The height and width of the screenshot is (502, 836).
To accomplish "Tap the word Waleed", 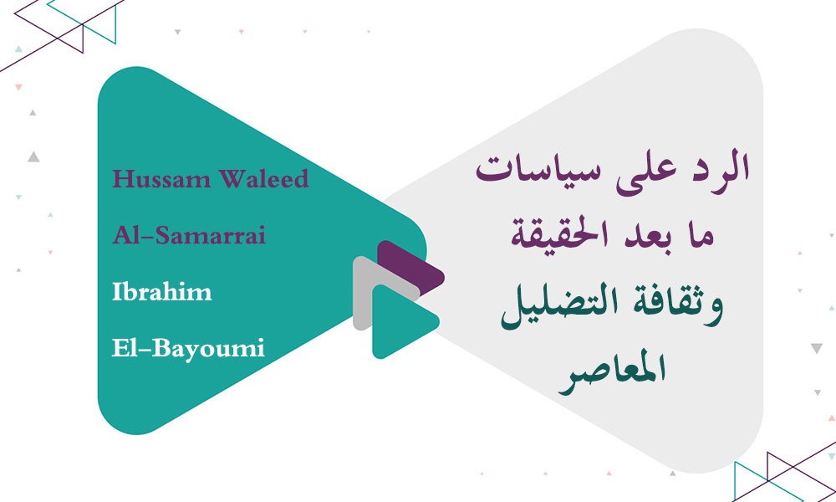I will [x=263, y=179].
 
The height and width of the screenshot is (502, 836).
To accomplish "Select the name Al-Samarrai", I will [x=189, y=236].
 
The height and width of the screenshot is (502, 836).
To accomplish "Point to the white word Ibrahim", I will [x=161, y=292].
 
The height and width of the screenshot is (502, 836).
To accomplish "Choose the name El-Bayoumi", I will [x=188, y=347].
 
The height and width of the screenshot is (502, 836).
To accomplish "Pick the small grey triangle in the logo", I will [x=368, y=293].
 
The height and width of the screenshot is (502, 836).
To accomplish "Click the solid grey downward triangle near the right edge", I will [x=817, y=348].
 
